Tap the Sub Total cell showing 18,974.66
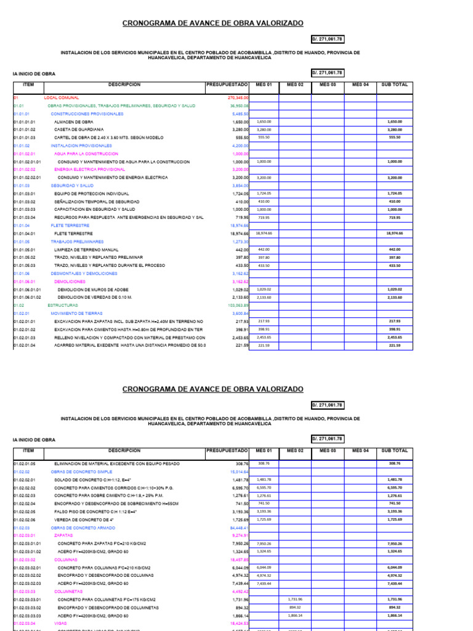[394, 234]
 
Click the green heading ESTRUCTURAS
[63, 305]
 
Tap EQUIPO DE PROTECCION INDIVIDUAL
[93, 193]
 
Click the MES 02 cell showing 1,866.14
[295, 616]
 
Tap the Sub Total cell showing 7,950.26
[394, 544]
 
